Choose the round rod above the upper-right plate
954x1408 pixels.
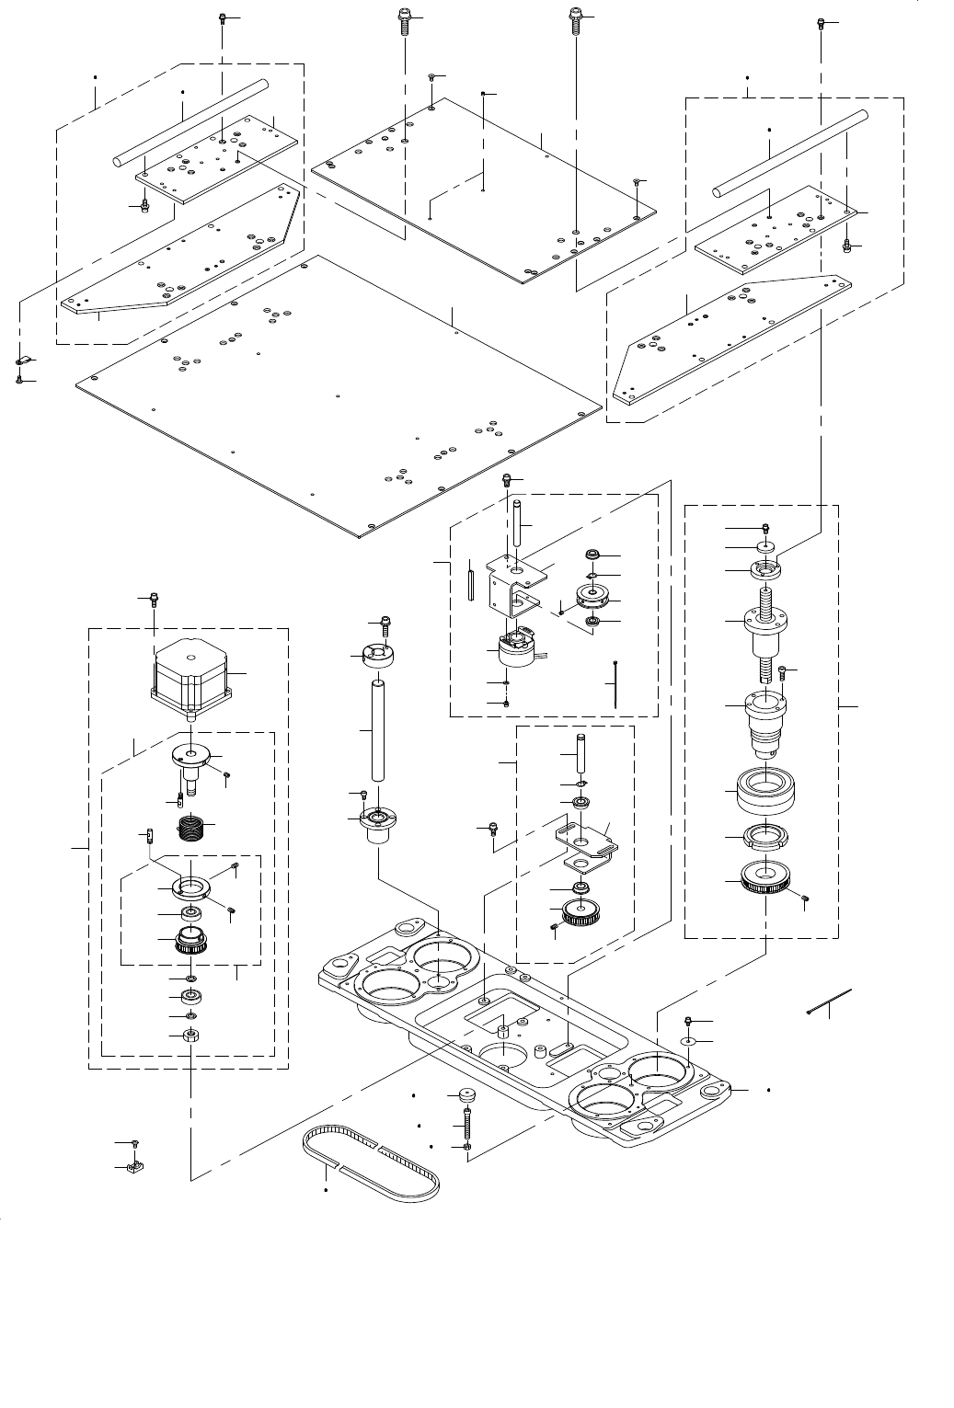click(x=789, y=152)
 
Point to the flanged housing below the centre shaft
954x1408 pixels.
click(x=377, y=823)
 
